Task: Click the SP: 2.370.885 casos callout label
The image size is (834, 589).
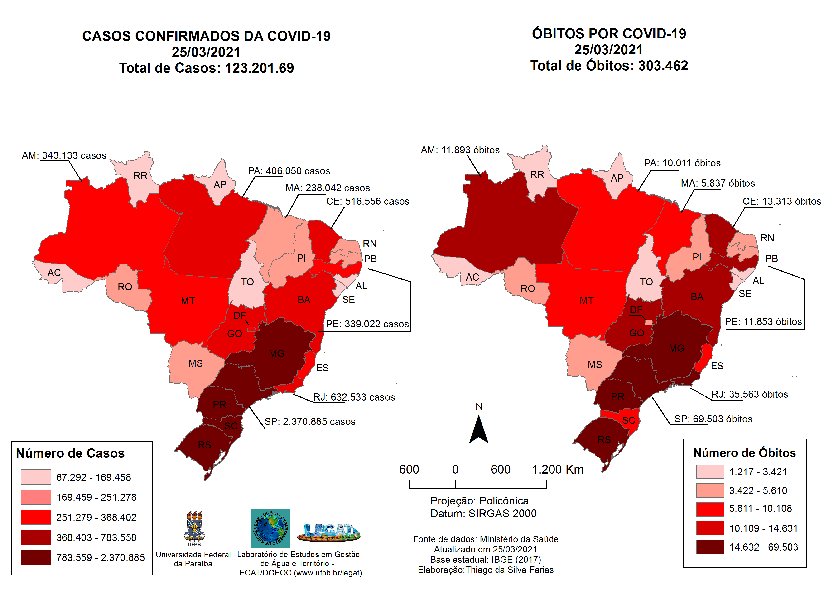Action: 309,422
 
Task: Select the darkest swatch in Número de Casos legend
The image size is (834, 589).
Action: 36,557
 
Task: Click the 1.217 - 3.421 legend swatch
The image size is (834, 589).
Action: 709,471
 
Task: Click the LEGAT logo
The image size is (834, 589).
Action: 328,532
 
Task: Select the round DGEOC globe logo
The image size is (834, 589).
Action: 270,528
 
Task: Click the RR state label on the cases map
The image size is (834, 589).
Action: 140,176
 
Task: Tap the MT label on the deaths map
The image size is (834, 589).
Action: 587,301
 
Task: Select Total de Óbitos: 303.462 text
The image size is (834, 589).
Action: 609,66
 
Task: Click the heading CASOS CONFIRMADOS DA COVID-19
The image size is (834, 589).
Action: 206,36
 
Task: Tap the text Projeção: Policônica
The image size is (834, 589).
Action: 479,501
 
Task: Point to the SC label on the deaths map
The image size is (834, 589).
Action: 628,420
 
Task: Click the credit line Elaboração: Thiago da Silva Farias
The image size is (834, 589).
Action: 485,570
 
